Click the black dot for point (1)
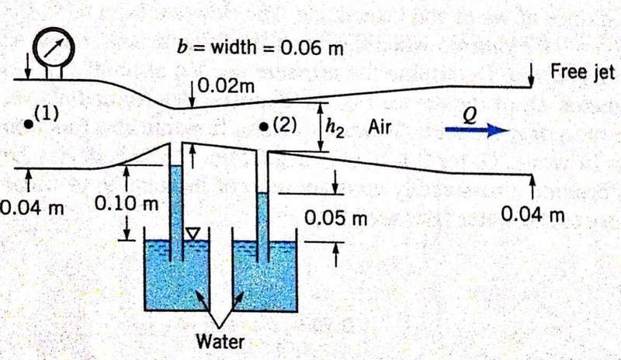point(29,123)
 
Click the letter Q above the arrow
point(468,114)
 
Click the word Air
point(379,127)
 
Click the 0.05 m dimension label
point(335,218)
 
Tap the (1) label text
point(47,112)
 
